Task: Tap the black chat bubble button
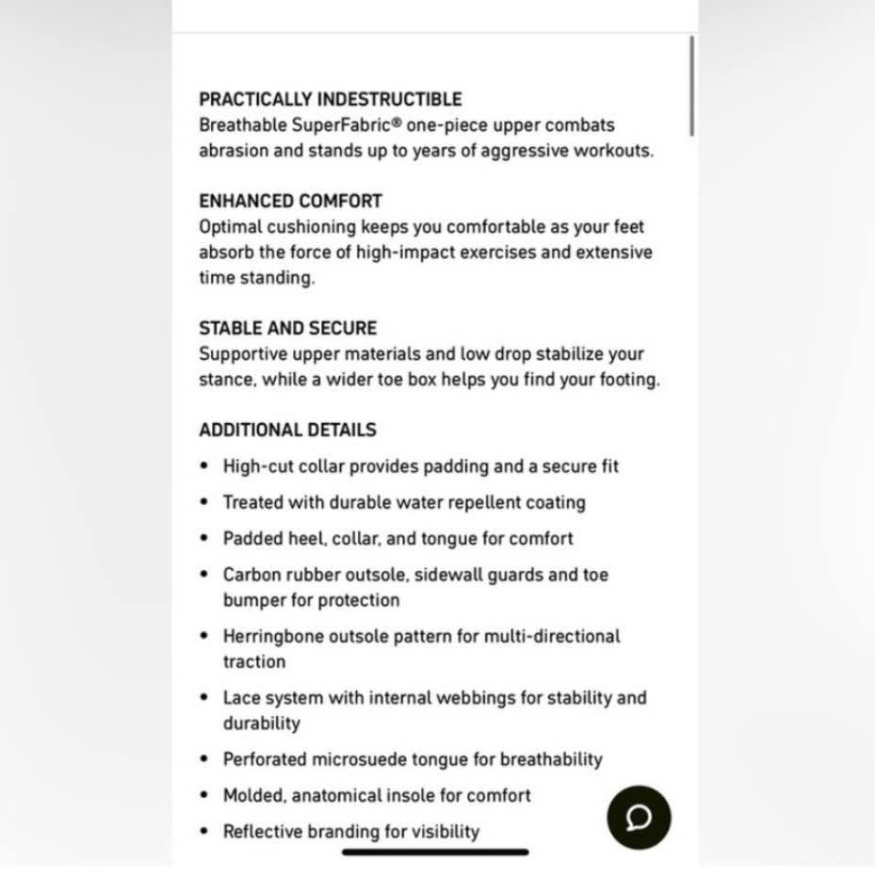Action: click(x=639, y=817)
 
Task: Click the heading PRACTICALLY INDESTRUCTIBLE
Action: click(x=331, y=99)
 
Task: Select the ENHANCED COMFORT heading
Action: click(x=290, y=201)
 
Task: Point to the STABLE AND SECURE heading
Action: click(x=287, y=328)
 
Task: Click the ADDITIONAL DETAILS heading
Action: click(x=287, y=430)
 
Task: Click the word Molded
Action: click(x=253, y=795)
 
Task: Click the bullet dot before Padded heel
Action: click(x=205, y=539)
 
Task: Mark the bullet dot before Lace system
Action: click(x=205, y=698)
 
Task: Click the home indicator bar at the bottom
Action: click(x=435, y=852)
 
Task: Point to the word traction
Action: click(x=253, y=661)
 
